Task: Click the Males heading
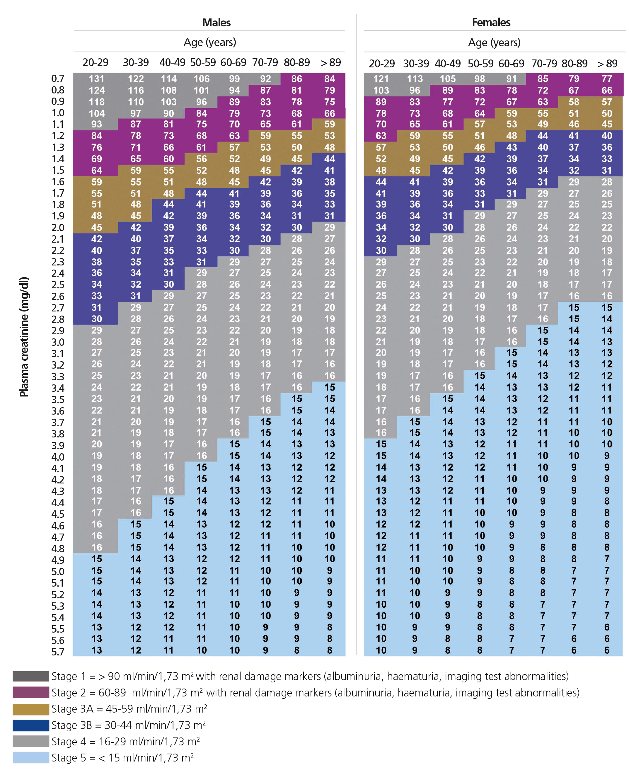[216, 23]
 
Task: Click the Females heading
[491, 23]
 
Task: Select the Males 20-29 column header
[95, 63]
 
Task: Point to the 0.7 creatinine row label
[58, 79]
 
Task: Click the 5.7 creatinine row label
[58, 652]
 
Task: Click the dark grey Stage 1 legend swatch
[31, 676]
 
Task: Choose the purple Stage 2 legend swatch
[31, 692]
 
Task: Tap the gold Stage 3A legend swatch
[31, 709]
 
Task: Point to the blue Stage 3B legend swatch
[31, 725]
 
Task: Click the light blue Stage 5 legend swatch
[31, 758]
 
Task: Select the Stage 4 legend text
[125, 741]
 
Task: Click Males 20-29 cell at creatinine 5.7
[96, 650]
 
